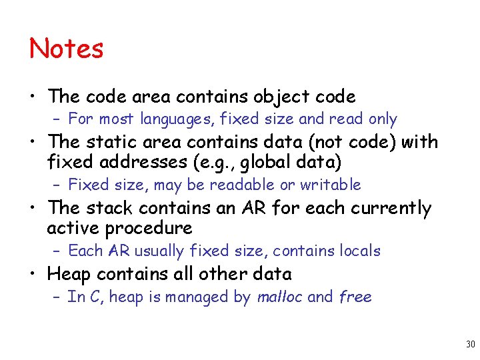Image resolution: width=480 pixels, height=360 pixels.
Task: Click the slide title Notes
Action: pyautogui.click(x=67, y=49)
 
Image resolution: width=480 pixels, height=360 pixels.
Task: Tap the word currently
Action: pyautogui.click(x=392, y=208)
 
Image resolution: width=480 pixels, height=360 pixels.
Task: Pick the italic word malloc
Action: pyautogui.click(x=279, y=297)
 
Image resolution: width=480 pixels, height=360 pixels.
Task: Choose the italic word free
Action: pyautogui.click(x=355, y=297)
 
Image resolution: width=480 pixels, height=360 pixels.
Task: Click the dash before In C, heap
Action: pyautogui.click(x=57, y=297)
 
